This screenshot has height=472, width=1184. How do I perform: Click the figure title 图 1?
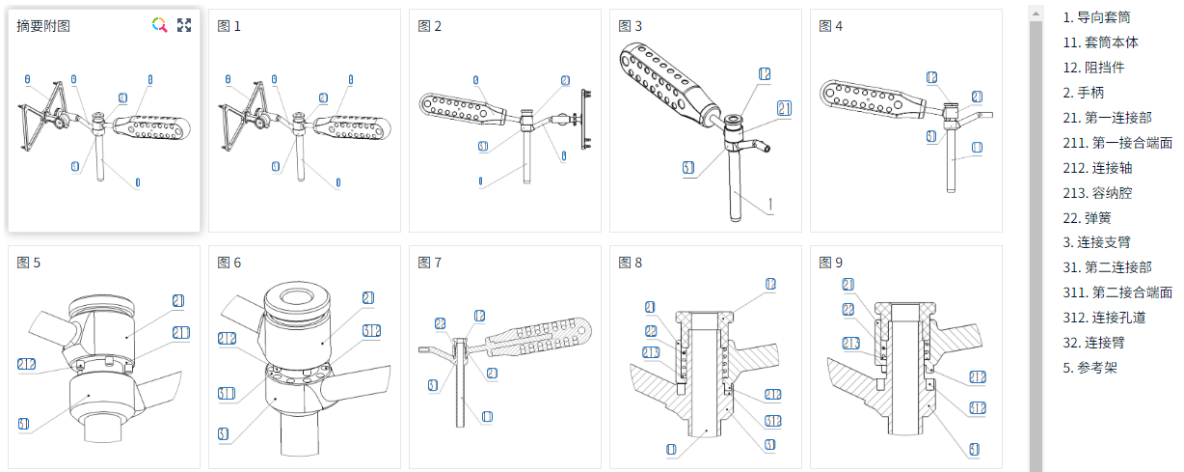click(229, 26)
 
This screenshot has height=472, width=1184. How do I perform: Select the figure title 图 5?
click(29, 263)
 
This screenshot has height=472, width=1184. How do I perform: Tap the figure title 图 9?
click(830, 263)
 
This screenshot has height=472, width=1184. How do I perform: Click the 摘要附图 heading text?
click(43, 26)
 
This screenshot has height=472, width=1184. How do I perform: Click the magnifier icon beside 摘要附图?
click(160, 25)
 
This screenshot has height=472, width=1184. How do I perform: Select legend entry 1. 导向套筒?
click(1096, 17)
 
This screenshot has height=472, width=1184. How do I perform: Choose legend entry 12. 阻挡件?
click(1093, 68)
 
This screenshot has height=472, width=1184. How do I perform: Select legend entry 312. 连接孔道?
click(1107, 318)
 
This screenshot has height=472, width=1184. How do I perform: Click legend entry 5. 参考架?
click(1090, 368)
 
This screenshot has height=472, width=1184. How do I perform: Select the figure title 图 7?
click(429, 263)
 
